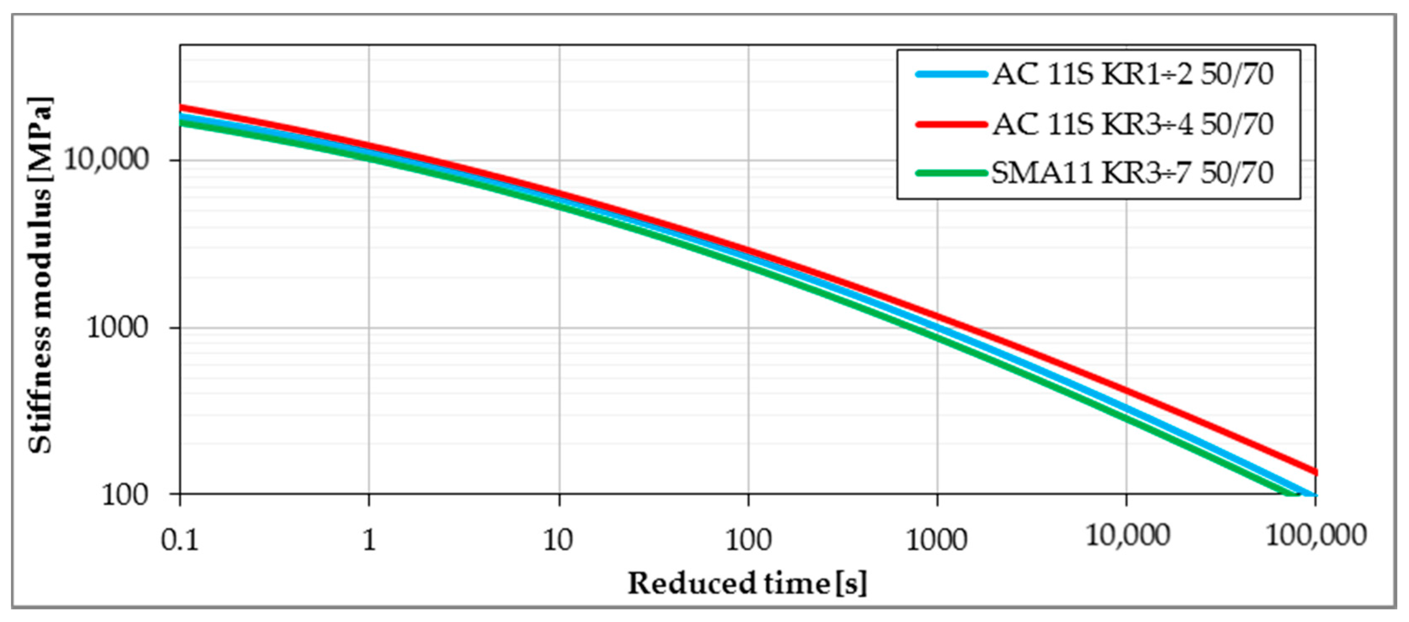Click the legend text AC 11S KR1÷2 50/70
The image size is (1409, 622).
coord(1132,75)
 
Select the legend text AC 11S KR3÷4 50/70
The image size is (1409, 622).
coord(1132,124)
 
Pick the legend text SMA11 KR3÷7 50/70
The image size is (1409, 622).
coord(1132,173)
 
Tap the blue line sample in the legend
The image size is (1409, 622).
coord(952,75)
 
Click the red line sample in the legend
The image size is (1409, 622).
coord(952,124)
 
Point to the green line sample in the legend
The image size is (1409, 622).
coord(952,173)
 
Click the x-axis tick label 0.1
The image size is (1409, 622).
coord(180,540)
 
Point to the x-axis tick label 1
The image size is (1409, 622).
coord(369,540)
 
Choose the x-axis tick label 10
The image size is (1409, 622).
coord(558,540)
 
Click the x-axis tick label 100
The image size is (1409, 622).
coord(748,540)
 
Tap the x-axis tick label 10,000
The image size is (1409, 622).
coord(1127,535)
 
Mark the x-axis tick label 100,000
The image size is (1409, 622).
coord(1316,535)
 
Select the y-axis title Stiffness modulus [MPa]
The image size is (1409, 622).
coord(41,275)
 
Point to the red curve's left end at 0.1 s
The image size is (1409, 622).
coord(181,107)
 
